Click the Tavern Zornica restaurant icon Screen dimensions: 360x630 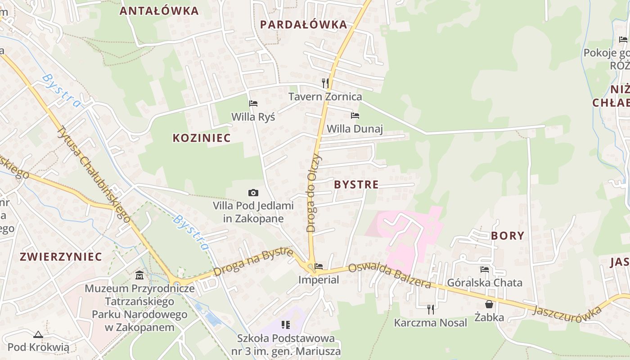coord(325,83)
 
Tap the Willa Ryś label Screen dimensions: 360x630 coord(253,117)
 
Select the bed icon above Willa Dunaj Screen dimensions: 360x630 coord(355,116)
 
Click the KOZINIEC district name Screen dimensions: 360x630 coord(202,138)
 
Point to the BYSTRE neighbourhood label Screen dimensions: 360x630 coord(356,184)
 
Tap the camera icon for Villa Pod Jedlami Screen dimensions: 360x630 coord(253,193)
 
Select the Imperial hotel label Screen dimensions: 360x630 coord(319,280)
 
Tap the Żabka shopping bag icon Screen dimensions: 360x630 coord(489,305)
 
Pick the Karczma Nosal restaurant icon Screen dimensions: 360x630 coord(431,309)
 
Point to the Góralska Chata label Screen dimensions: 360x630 coord(485,283)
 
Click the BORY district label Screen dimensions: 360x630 coord(508,236)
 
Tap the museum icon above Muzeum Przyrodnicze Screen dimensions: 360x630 coord(139,274)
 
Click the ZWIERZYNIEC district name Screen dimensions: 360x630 coord(61,257)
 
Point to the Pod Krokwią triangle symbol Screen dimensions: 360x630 coord(38,334)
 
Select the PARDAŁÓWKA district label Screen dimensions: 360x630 coord(304,25)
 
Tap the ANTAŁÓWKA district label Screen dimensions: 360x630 coord(159,11)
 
